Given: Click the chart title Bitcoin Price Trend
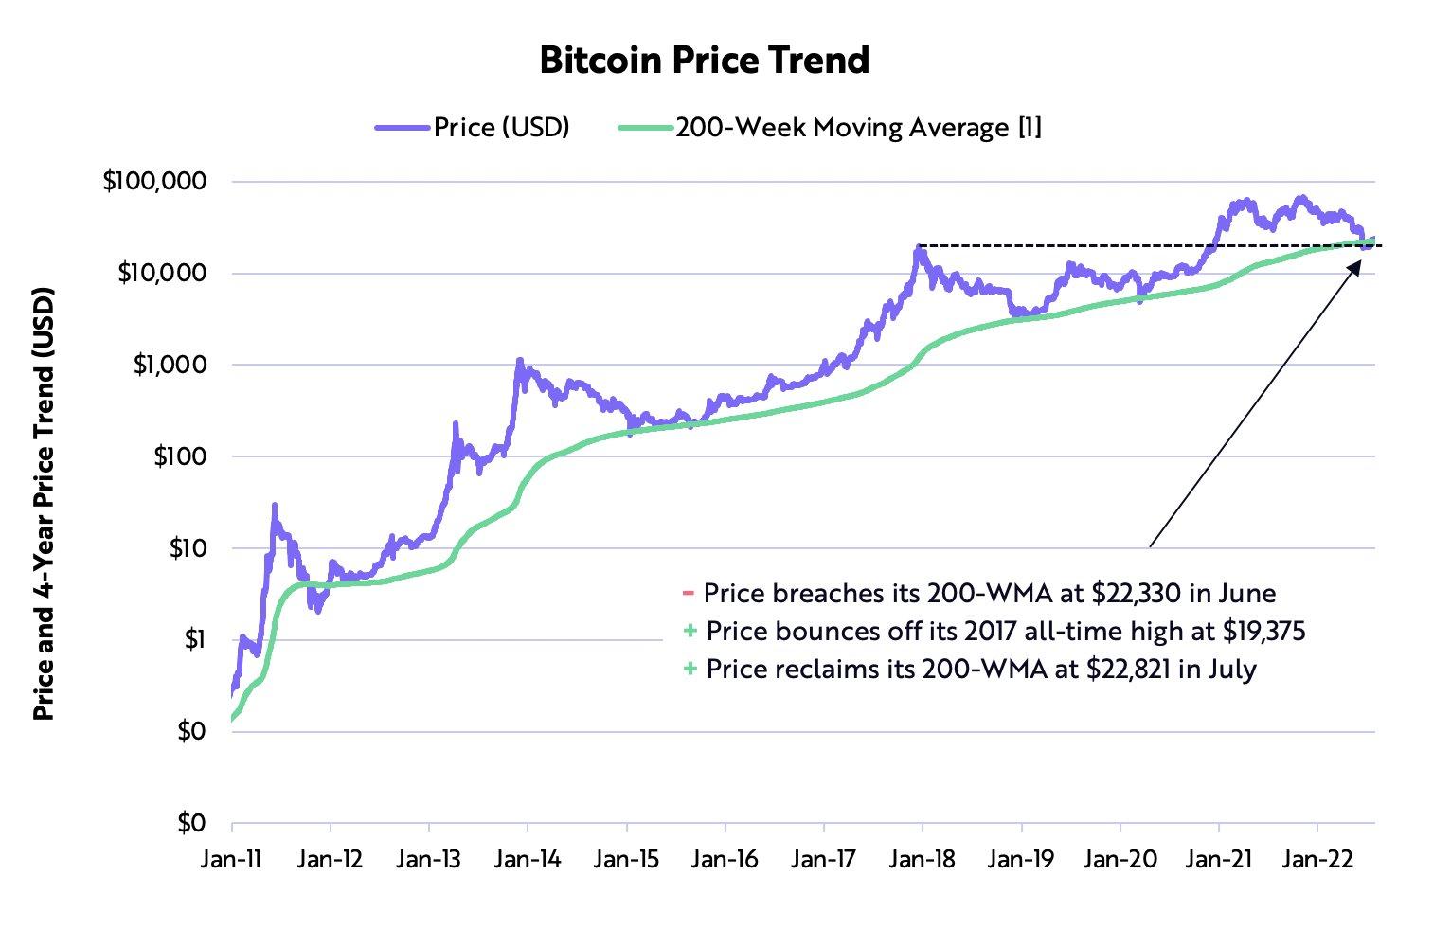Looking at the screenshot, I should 704,60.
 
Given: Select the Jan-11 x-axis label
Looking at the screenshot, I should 232,859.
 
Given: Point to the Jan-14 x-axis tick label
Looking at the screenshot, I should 528,859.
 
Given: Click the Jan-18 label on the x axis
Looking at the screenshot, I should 923,859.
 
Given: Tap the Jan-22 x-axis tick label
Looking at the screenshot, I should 1317,859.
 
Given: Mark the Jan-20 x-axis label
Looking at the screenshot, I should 1120,859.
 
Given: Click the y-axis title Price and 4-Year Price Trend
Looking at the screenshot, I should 45,503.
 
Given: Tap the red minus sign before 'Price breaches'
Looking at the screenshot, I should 688,594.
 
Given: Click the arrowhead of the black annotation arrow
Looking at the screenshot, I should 1355,266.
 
